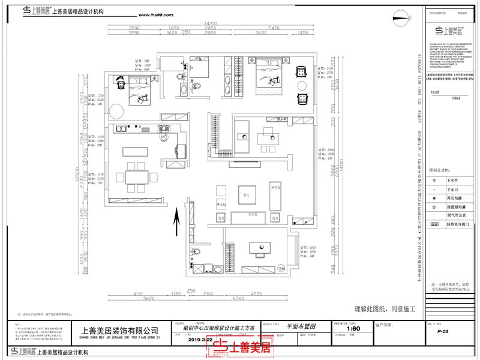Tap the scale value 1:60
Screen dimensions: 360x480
(x=354, y=329)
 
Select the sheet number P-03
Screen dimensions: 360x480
(x=443, y=331)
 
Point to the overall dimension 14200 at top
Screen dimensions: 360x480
(x=209, y=23)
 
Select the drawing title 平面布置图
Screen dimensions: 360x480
(x=301, y=325)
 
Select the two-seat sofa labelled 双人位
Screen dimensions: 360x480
(x=276, y=197)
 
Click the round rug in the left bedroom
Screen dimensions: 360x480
(x=115, y=110)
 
